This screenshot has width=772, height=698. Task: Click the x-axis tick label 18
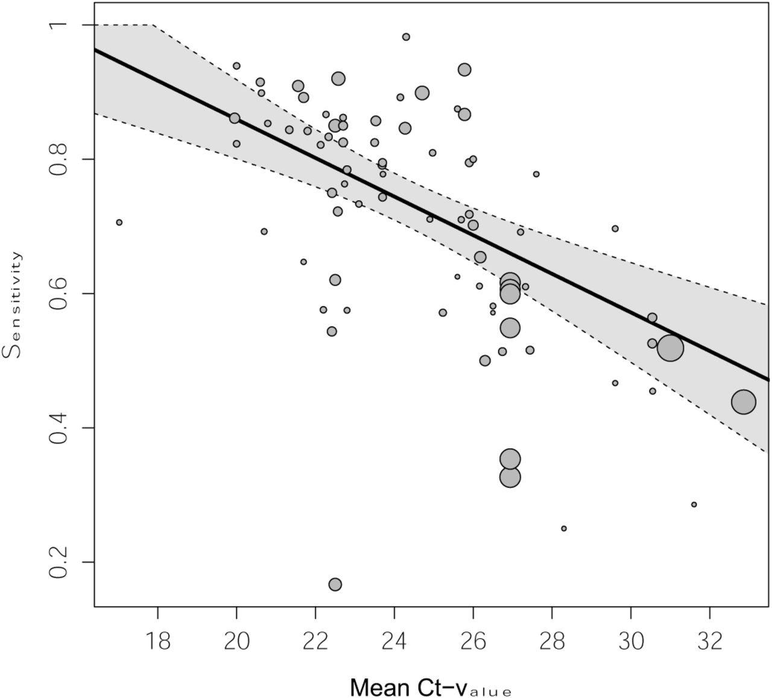[157, 641]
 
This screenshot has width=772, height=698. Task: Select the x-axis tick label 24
[394, 641]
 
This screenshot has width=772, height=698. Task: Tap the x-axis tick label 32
[709, 641]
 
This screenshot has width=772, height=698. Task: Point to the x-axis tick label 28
[552, 641]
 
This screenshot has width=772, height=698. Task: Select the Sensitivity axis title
[13, 305]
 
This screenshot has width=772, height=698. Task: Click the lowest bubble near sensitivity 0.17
[335, 584]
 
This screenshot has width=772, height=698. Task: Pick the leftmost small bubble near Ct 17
[119, 222]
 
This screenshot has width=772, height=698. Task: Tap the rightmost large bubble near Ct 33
[744, 402]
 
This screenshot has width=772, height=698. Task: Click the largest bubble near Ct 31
[670, 348]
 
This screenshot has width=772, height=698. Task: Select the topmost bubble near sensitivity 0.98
[406, 37]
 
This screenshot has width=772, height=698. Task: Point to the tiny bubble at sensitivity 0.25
[564, 528]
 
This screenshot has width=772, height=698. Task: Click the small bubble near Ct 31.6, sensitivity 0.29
[694, 504]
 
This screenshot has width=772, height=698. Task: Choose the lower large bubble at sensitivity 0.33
[510, 477]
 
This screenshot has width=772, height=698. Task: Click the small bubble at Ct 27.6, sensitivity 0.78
[536, 174]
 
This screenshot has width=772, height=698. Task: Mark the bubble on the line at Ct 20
[235, 118]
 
